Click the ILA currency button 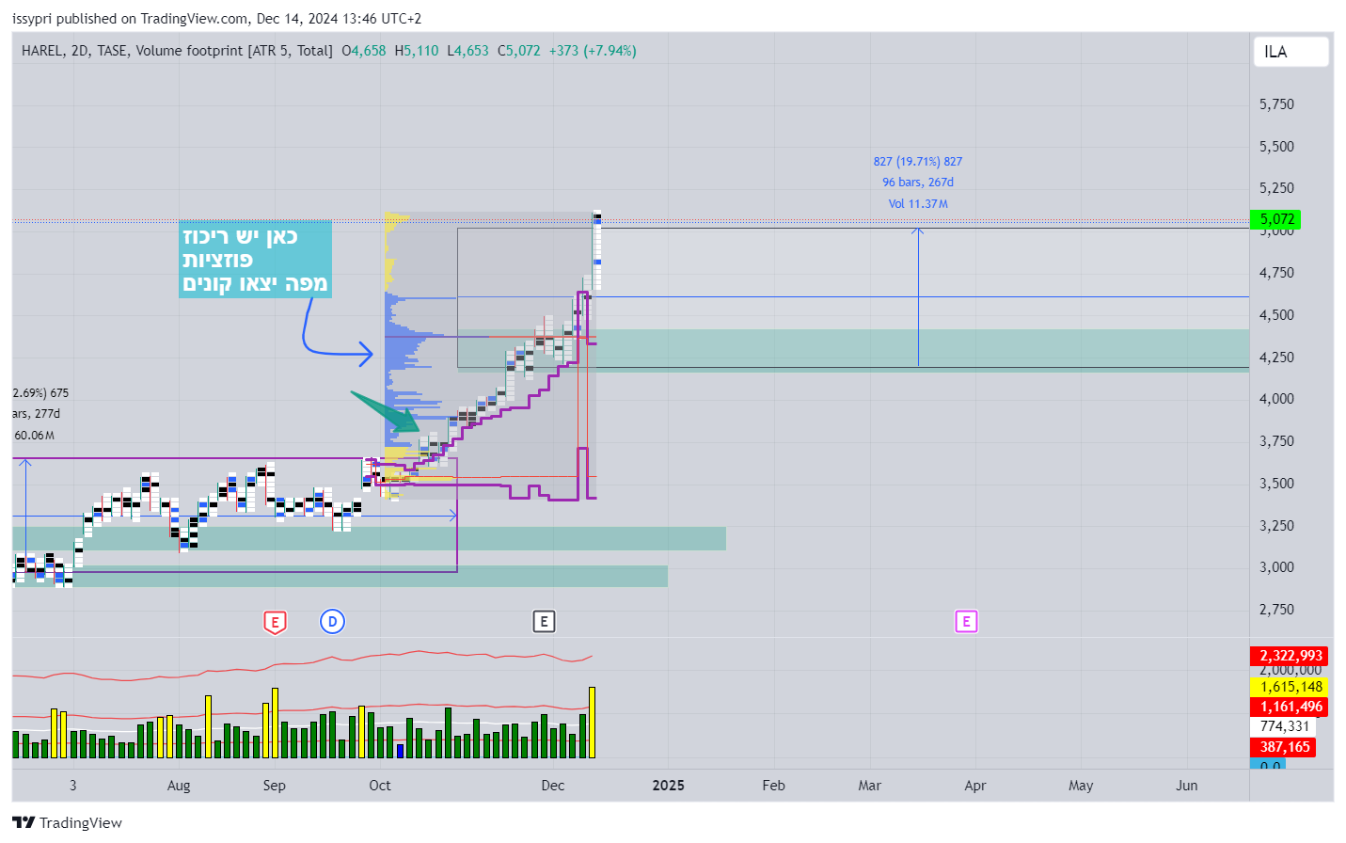1290,52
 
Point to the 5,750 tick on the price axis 1276,104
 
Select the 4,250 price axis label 1276,358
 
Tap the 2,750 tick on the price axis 1276,610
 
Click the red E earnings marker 275,622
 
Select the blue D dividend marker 332,622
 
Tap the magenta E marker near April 966,622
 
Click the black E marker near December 544,622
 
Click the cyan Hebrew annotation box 255,260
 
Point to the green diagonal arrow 386,411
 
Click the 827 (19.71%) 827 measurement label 917,162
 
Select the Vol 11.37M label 917,204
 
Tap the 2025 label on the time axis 668,786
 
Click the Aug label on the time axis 179,786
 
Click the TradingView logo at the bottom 67,822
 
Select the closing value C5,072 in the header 518,51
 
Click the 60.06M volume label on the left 34,436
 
